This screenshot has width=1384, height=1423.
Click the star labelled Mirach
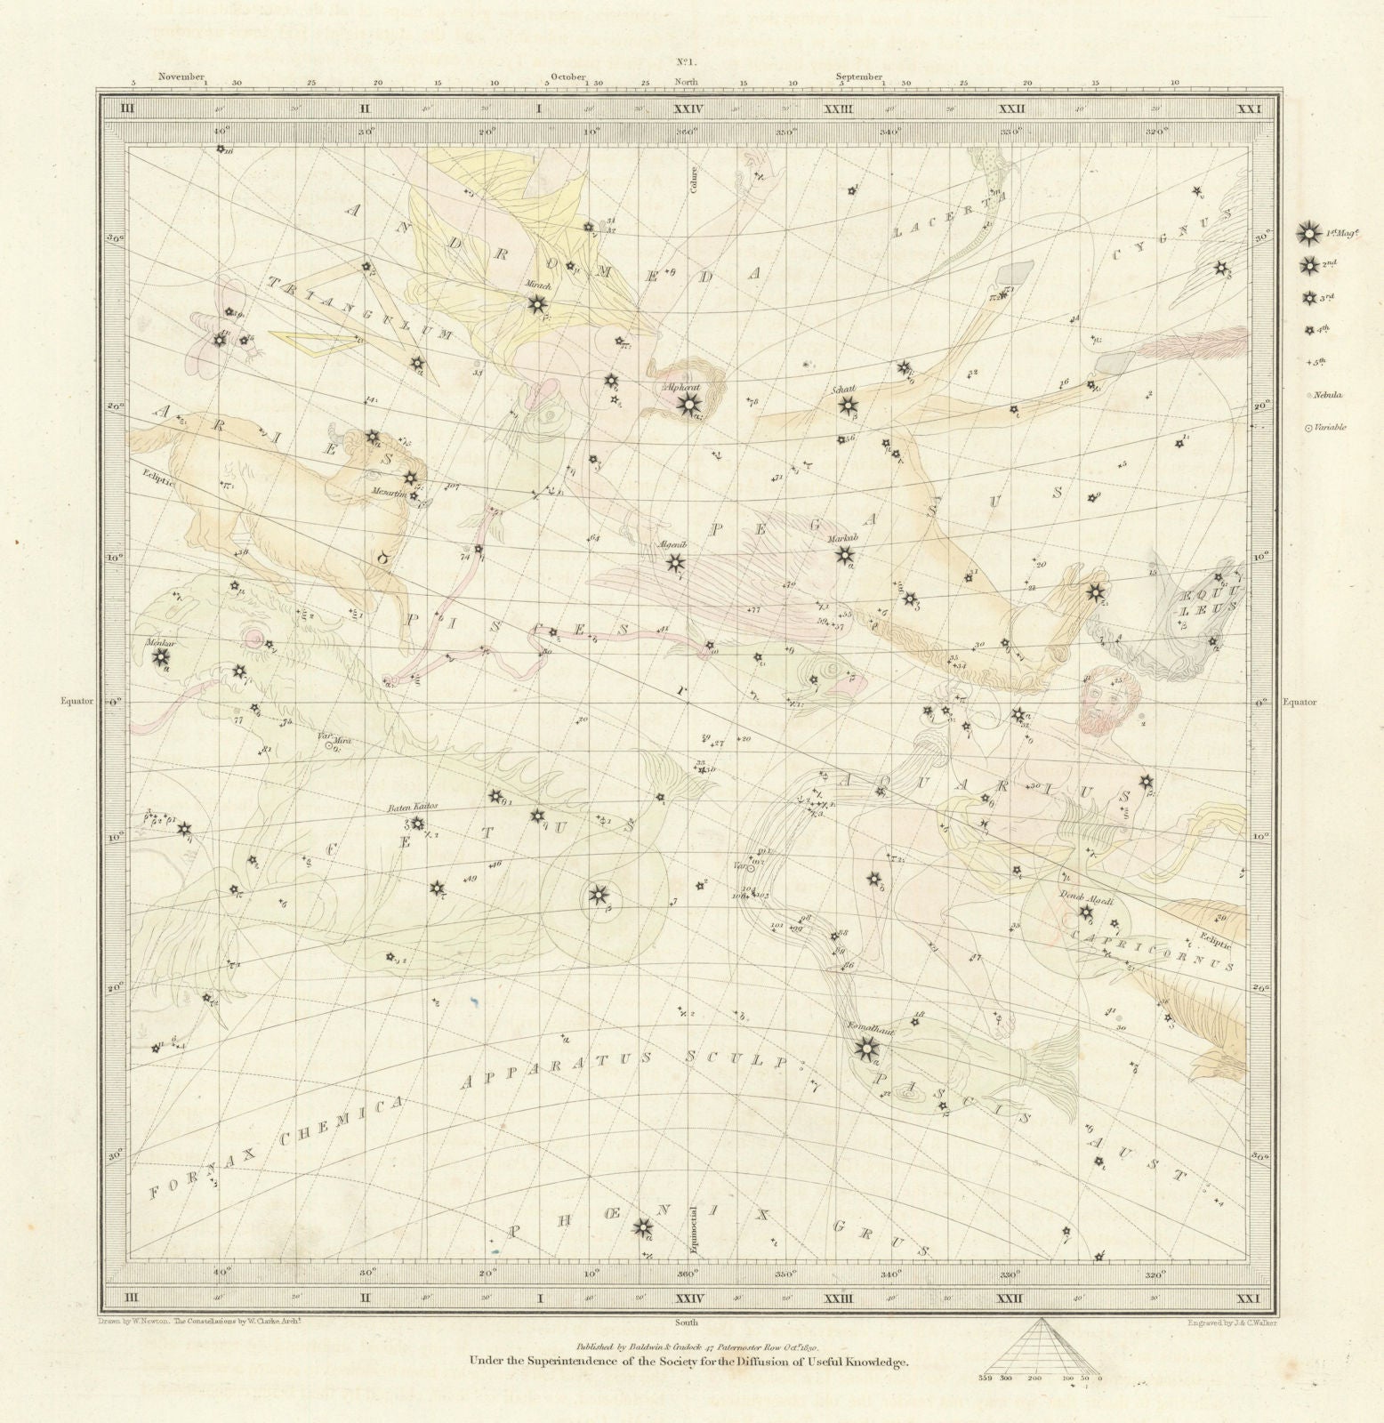(537, 305)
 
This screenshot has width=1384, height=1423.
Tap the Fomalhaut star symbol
(863, 1050)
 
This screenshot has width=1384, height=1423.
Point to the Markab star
(843, 556)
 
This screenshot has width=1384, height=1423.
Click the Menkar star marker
(161, 657)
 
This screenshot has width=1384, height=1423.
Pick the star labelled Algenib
(675, 562)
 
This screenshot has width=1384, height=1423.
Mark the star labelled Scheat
(845, 406)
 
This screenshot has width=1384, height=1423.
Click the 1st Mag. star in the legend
(1308, 234)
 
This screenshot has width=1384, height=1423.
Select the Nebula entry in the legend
(1308, 395)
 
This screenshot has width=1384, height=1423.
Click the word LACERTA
(945, 217)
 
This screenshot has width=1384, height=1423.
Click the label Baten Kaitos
(413, 807)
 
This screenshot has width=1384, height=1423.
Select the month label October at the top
(567, 77)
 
